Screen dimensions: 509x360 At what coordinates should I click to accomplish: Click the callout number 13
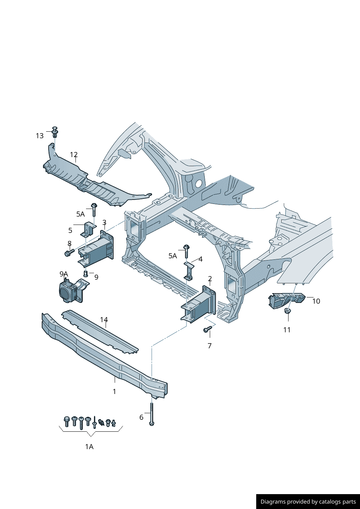click(x=40, y=136)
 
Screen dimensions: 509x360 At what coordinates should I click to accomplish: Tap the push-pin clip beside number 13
click(x=55, y=132)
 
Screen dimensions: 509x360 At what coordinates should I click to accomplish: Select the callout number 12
click(x=74, y=155)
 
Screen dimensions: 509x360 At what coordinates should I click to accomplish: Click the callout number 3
click(x=104, y=222)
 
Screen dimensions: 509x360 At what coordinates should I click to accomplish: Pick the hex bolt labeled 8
click(x=69, y=253)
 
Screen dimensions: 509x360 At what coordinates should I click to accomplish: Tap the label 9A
click(x=64, y=274)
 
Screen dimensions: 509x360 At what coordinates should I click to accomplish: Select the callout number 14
click(x=104, y=320)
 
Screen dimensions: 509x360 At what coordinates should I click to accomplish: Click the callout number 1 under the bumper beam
click(x=114, y=392)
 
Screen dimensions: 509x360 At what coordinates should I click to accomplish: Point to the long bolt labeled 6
click(x=152, y=414)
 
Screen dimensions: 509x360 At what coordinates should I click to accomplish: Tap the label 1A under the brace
click(x=89, y=447)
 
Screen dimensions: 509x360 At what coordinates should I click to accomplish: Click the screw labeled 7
click(x=208, y=329)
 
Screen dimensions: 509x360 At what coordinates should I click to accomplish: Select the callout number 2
click(x=210, y=279)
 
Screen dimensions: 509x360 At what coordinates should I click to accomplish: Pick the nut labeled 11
click(x=288, y=311)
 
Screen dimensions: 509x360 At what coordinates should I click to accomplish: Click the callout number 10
click(x=316, y=301)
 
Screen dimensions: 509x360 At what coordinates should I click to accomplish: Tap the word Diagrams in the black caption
click(x=273, y=502)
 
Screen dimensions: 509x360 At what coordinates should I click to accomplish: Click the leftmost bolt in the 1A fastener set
click(x=66, y=421)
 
